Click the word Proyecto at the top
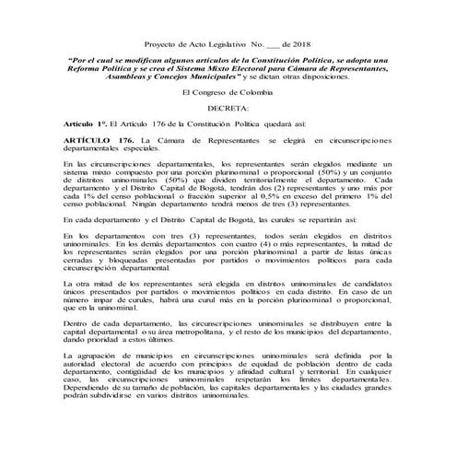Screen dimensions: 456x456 coord(163,44)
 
